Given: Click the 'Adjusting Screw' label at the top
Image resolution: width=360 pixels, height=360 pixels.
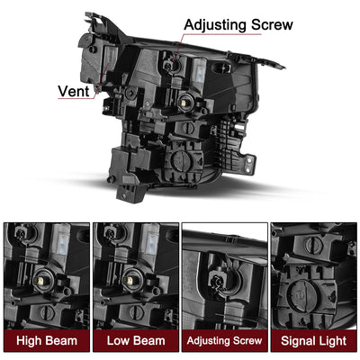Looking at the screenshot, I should (238, 24).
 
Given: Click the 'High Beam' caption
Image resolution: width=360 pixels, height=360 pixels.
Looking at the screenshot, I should (45, 342).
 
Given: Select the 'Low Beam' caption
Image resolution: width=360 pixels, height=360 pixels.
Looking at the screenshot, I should (135, 342).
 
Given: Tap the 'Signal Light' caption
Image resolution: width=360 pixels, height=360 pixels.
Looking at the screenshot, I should (314, 342).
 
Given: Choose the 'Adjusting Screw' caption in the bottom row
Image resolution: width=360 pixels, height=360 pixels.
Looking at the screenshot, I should (225, 342).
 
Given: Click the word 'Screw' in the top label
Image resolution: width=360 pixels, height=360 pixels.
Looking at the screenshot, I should (269, 24).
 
